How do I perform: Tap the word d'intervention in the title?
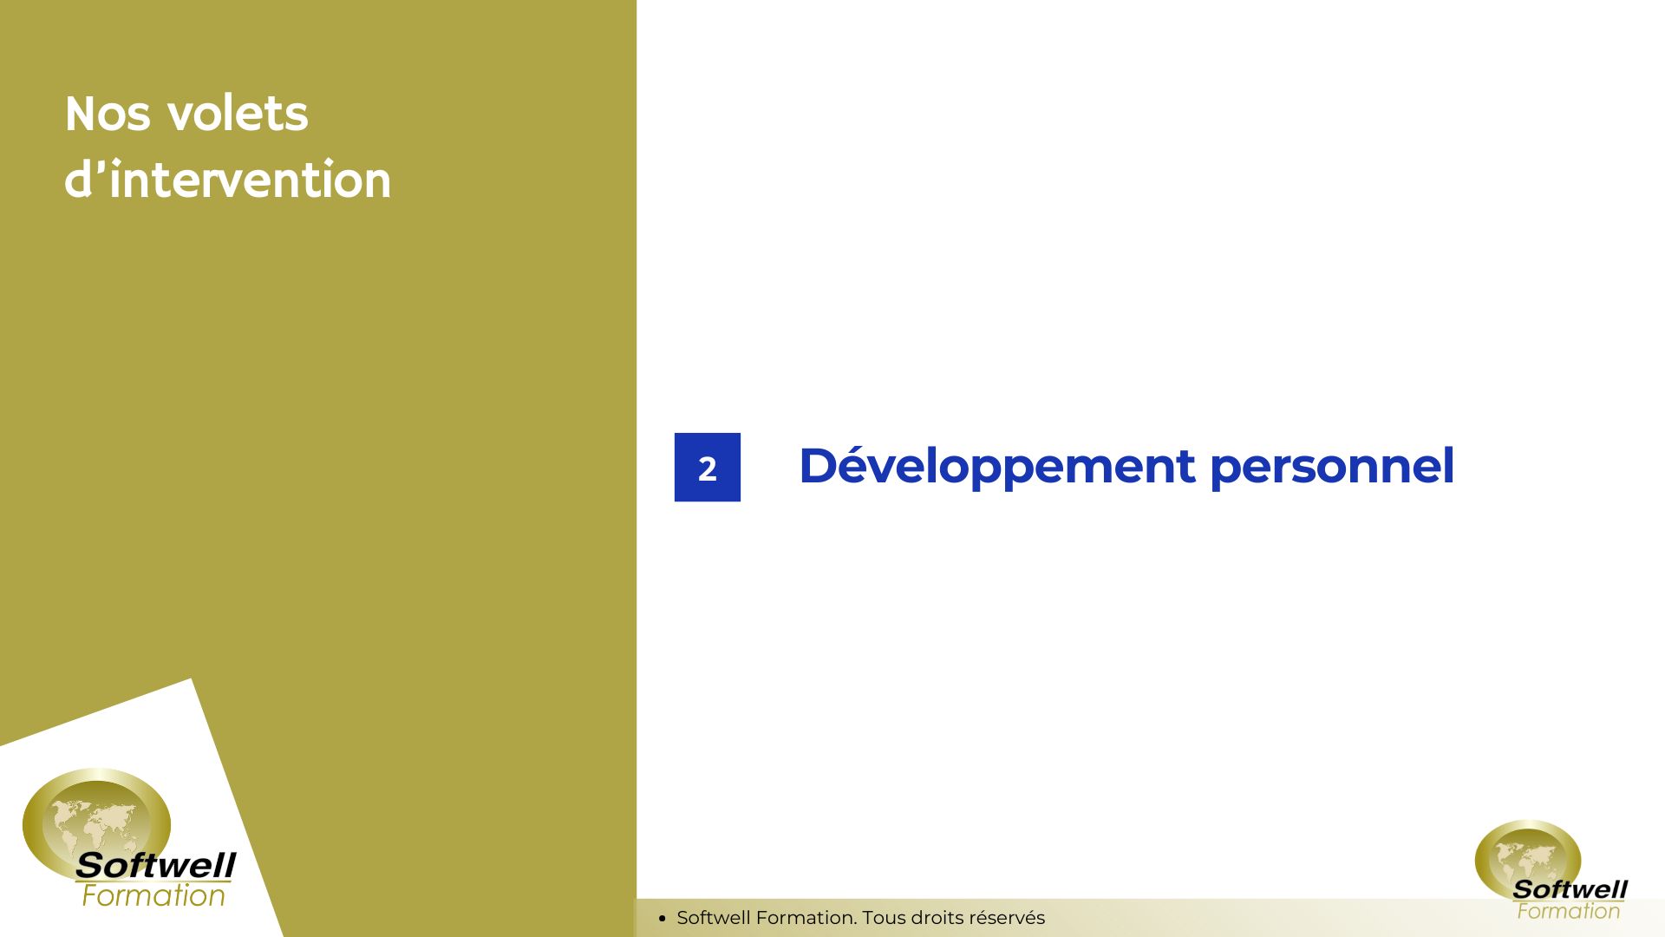(227, 180)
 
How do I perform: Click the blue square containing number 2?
(708, 467)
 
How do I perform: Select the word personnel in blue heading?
(1332, 467)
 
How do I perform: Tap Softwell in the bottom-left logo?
(155, 865)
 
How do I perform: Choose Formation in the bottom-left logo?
(153, 895)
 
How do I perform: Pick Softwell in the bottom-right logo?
(1570, 889)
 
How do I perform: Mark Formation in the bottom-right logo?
(1568, 911)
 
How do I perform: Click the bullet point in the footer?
(662, 918)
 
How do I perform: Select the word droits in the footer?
(937, 918)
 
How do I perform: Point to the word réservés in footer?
(1007, 918)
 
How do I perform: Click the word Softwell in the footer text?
(714, 918)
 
